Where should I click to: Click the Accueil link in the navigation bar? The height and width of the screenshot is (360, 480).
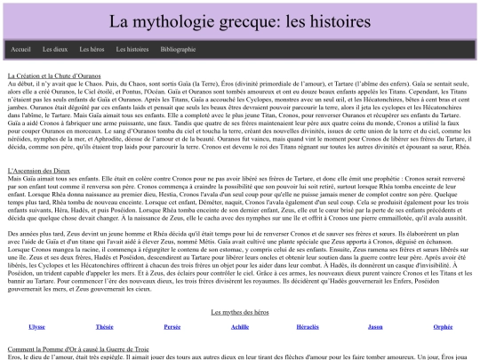tap(21, 49)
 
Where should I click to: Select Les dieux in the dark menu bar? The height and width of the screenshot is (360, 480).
tap(55, 49)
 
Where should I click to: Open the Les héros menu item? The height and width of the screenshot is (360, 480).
tap(92, 49)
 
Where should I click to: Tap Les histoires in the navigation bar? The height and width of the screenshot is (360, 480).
tap(132, 49)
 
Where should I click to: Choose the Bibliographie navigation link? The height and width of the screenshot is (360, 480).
tap(178, 49)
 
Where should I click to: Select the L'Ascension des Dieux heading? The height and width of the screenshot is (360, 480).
tap(41, 170)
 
